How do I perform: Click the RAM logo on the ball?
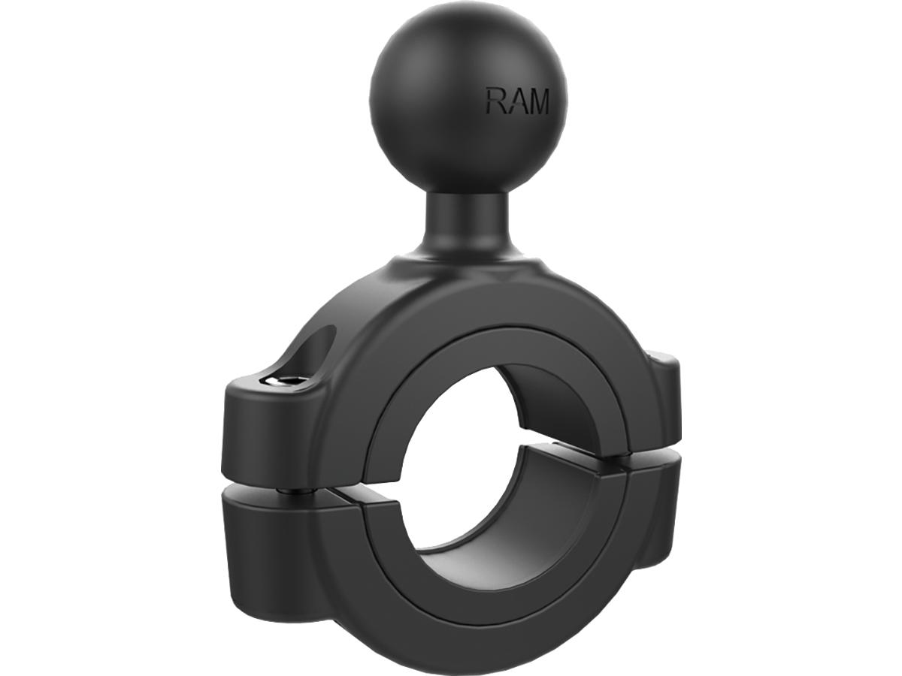[517, 101]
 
